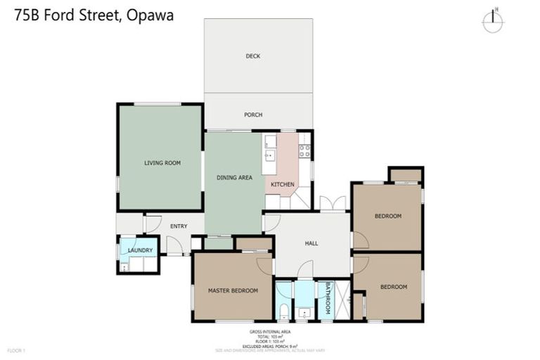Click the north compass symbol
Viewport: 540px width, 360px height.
493,20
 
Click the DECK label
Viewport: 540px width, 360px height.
253,56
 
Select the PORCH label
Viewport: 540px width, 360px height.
253,115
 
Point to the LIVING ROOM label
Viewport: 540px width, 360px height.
162,162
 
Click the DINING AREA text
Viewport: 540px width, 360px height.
234,178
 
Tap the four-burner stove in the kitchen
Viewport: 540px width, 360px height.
304,150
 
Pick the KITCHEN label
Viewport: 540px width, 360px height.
283,184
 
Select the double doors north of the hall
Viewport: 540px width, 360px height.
333,205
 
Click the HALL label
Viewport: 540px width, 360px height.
311,243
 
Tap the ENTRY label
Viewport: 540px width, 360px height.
179,226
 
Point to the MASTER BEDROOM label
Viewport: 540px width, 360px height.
233,290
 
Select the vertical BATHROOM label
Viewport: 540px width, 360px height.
327,299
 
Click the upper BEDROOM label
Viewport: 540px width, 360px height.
387,216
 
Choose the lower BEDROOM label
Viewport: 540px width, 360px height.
394,286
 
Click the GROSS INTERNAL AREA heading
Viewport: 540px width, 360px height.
270,330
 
